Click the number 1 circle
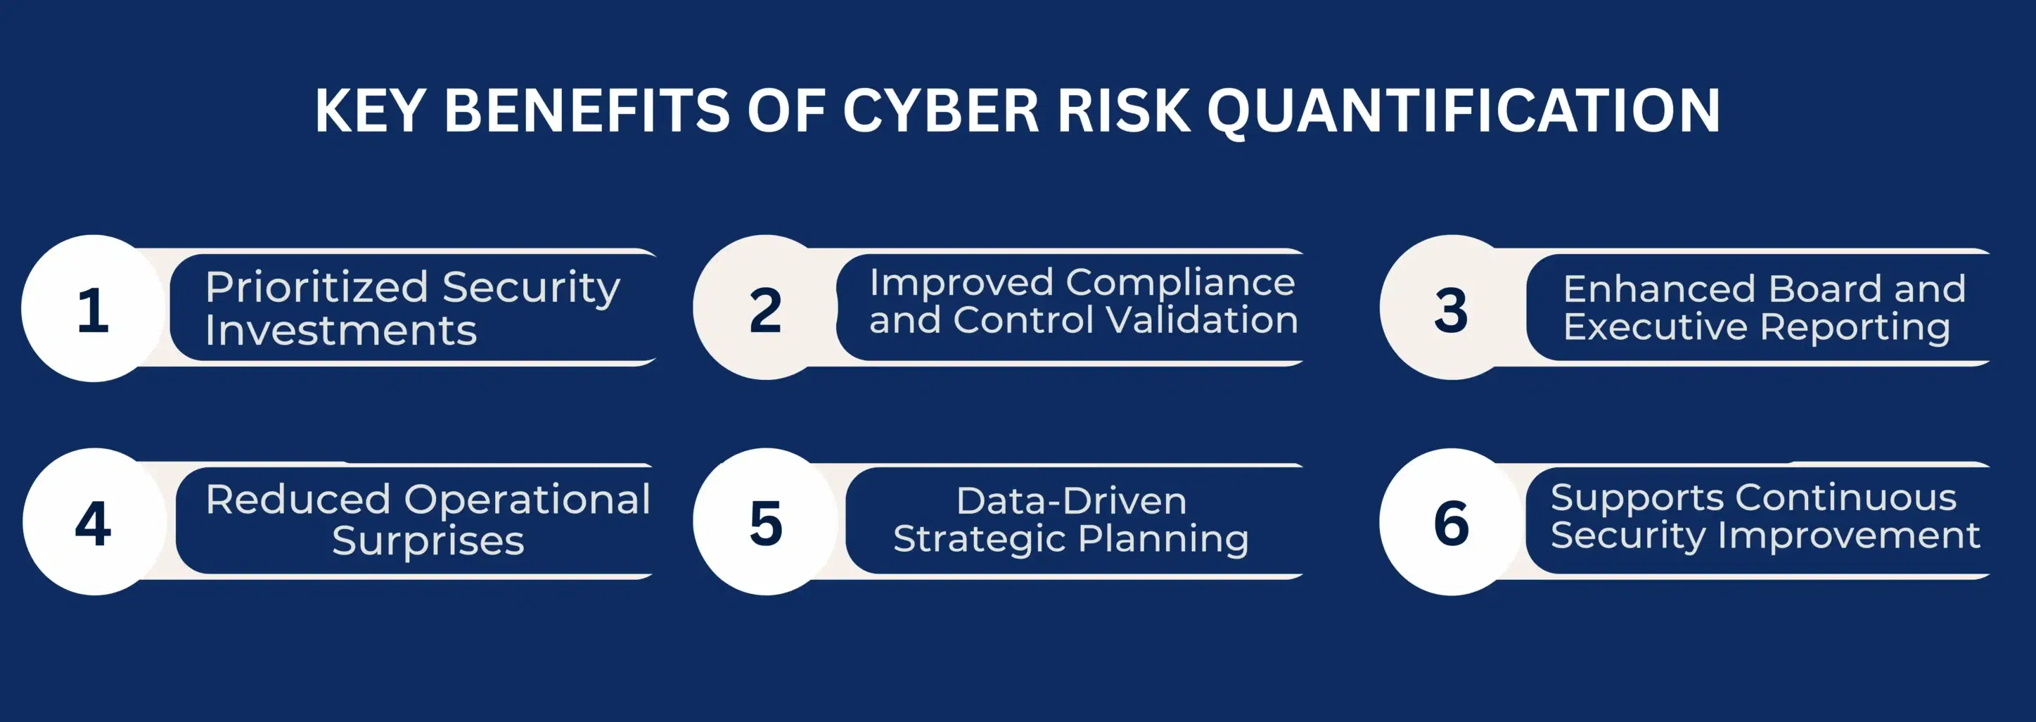click(x=94, y=308)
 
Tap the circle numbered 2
click(x=764, y=308)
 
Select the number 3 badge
click(x=1450, y=308)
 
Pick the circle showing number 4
click(x=94, y=522)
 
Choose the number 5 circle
click(x=764, y=522)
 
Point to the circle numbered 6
click(x=1450, y=522)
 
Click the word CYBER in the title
click(x=940, y=110)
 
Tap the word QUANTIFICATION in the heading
click(x=1463, y=110)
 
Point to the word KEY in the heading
click(x=371, y=110)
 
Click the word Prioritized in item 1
click(x=316, y=287)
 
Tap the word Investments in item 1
click(x=340, y=331)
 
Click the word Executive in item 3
click(x=1654, y=327)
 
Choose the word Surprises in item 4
click(x=428, y=542)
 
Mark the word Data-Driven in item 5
click(x=1071, y=501)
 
